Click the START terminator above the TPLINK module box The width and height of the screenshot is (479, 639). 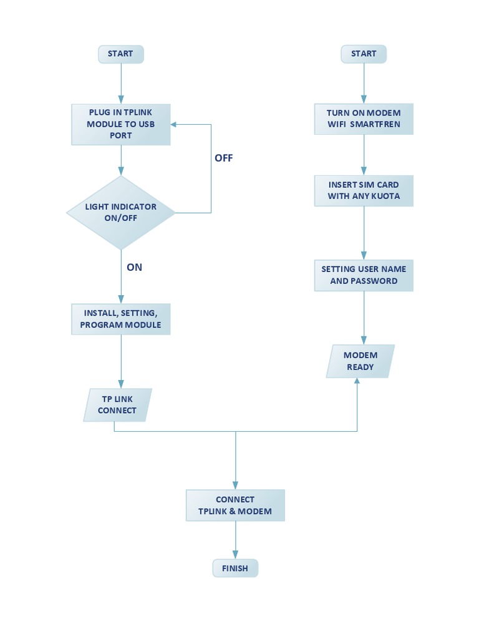120,54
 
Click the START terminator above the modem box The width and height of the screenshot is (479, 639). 364,54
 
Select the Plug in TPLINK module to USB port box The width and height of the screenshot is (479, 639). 121,124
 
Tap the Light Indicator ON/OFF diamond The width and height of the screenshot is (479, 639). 121,213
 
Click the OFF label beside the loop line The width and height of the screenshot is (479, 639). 223,159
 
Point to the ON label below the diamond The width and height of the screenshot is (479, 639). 134,267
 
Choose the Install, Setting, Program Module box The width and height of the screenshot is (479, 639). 121,319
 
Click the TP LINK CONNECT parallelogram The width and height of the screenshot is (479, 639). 117,405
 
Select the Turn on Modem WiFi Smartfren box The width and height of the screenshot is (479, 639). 364,119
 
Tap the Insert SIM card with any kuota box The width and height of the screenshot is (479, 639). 364,190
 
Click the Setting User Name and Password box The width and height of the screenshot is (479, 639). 364,275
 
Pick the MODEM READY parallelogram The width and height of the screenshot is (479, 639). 360,361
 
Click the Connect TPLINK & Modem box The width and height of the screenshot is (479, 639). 235,505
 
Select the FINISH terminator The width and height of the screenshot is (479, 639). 235,568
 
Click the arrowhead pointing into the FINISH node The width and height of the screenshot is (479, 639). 235,555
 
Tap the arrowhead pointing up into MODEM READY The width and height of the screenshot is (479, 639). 357,382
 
